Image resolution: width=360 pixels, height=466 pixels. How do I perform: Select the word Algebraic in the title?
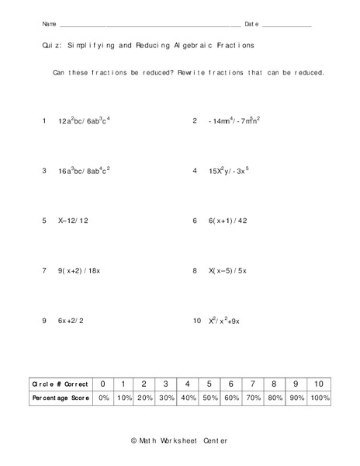click(197, 46)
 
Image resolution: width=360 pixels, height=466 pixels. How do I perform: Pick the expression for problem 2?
click(234, 122)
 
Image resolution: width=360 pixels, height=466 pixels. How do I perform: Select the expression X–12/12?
click(74, 221)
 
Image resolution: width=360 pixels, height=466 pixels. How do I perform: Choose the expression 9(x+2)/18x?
click(81, 271)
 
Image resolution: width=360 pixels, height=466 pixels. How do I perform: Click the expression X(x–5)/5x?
click(227, 271)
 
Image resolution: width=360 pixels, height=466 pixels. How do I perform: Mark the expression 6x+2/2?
click(72, 321)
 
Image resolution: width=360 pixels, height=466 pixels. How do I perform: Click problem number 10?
click(197, 321)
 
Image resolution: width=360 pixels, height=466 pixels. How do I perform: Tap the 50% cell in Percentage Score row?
click(209, 398)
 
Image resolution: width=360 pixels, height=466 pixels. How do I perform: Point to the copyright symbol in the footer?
click(133, 441)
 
